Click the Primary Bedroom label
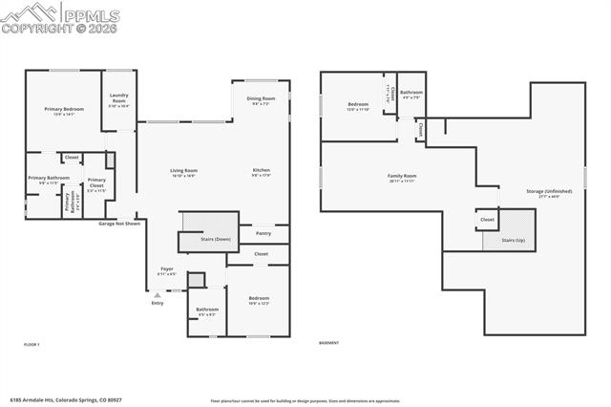(64, 110)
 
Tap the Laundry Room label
(119, 96)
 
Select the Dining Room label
(261, 99)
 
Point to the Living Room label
(183, 170)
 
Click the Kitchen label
(262, 170)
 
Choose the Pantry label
(263, 232)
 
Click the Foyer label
(166, 269)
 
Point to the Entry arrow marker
(157, 296)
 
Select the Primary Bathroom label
(49, 179)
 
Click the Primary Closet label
(96, 182)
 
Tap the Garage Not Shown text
(119, 224)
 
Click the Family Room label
(402, 176)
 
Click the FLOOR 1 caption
(32, 343)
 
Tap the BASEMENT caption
(328, 343)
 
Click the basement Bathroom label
(411, 93)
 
